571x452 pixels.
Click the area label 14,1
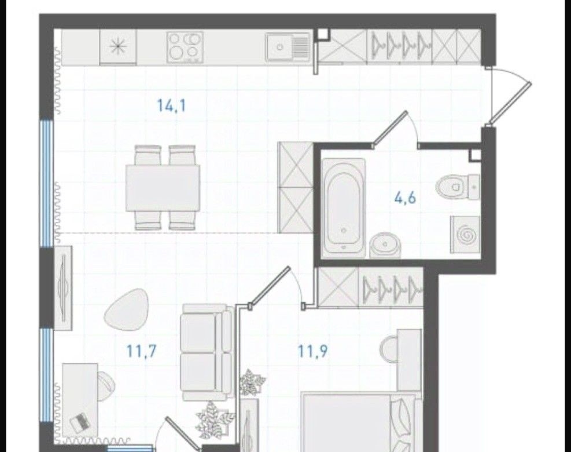(x=171, y=106)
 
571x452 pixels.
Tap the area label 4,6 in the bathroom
(x=406, y=198)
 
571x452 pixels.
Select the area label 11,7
(x=141, y=351)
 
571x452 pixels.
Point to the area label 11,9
(x=313, y=351)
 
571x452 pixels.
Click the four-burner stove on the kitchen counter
(x=185, y=47)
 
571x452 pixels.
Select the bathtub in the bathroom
(x=344, y=206)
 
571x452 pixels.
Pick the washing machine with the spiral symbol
(x=465, y=235)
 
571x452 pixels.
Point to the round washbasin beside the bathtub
(x=385, y=245)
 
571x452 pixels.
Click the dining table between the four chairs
(x=163, y=188)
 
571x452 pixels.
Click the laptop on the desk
(x=80, y=422)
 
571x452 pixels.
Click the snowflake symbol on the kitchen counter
(x=118, y=47)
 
